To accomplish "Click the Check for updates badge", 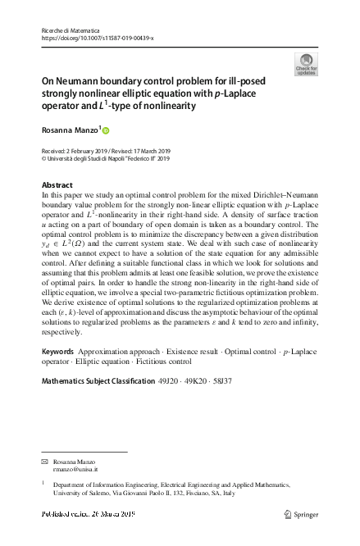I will click(306, 65).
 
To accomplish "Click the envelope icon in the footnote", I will click(45, 463).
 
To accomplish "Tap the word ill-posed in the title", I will click(251, 82).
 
